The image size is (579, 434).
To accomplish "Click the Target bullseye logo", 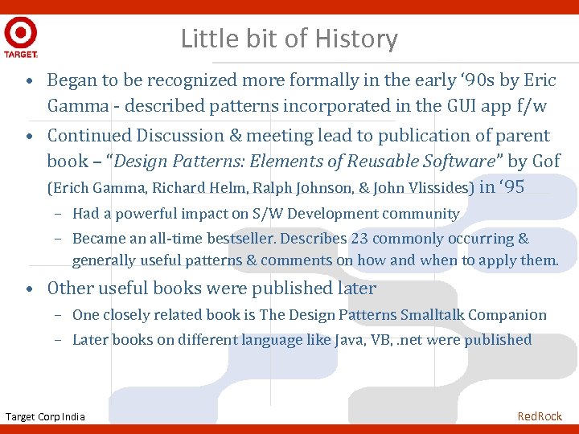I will [20, 34].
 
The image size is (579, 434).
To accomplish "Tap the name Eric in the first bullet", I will [539, 80].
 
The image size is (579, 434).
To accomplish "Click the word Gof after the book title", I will [544, 161].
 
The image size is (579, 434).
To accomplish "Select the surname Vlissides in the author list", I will [435, 188].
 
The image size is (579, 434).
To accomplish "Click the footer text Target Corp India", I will [45, 416].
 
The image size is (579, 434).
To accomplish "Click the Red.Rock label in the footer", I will [540, 416].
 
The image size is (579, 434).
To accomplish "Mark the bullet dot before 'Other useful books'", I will [28, 288].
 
